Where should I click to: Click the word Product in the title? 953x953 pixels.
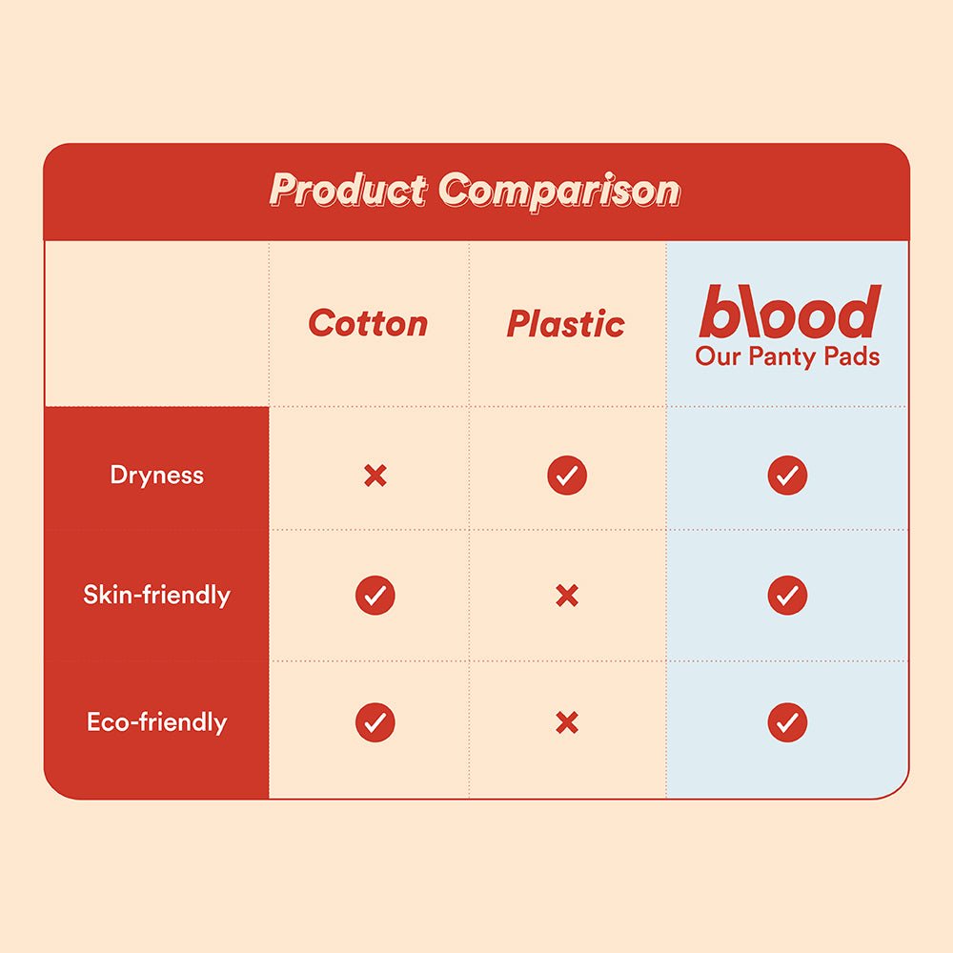pos(348,190)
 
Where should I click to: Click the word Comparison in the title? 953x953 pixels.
pos(560,190)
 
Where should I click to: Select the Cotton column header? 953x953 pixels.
pos(368,324)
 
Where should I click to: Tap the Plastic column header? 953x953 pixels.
pos(566,324)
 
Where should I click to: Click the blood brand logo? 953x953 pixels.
pos(789,312)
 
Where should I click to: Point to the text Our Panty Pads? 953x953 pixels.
pos(787,357)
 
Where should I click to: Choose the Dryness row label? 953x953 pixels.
pos(157,475)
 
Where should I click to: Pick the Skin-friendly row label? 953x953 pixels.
pos(157,596)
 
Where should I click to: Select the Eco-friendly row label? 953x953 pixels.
pos(157,721)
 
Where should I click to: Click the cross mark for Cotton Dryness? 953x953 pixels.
pos(375,476)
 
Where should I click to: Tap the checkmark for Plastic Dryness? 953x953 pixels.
pos(567,475)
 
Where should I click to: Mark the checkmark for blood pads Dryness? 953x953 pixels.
pos(787,475)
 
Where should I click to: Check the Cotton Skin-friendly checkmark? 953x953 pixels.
pos(375,596)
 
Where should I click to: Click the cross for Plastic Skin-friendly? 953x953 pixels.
pos(567,597)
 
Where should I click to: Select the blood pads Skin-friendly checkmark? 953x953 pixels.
pos(787,596)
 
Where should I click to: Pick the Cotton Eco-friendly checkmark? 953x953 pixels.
pos(375,722)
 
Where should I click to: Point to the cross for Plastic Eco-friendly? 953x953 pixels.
pos(567,723)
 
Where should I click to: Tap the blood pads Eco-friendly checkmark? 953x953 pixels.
pos(787,722)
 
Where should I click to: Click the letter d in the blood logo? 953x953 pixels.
pos(857,312)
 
